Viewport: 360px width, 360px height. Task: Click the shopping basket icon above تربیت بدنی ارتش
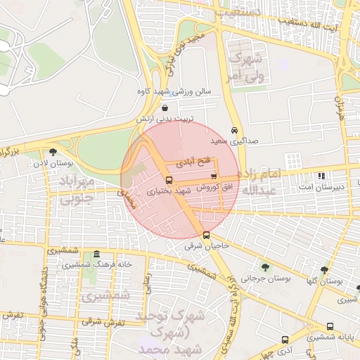[x=165, y=108]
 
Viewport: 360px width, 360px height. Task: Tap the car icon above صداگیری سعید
[x=234, y=131]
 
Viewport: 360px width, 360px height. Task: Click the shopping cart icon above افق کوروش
[x=213, y=176]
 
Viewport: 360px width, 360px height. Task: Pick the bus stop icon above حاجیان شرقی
[x=206, y=236]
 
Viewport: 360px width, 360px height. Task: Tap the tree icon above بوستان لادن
[x=53, y=152]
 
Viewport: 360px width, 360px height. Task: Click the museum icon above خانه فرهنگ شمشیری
[x=96, y=255]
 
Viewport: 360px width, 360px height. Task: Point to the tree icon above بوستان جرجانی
[x=265, y=267]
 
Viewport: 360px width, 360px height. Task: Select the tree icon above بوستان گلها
[x=324, y=269]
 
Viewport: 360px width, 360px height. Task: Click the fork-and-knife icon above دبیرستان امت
[x=321, y=176]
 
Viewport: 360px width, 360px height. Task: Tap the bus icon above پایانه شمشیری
[x=330, y=327]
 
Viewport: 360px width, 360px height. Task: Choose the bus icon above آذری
[x=285, y=339]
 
